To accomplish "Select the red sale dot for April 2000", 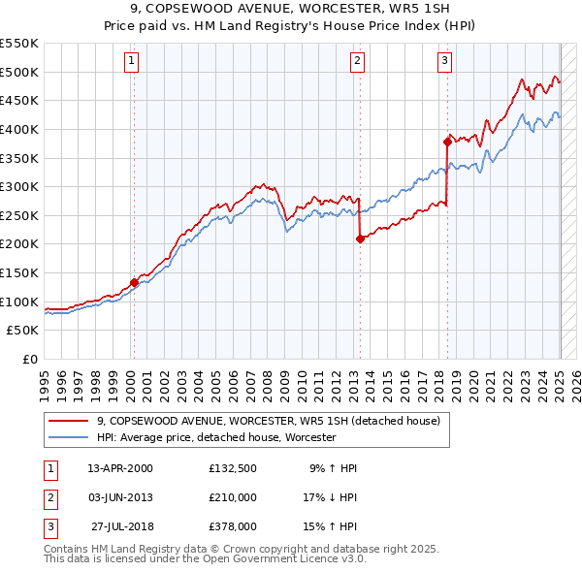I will (134, 282).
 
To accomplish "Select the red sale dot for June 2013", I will (360, 238).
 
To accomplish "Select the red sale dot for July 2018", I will (448, 142).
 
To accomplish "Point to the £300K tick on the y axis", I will (18, 186).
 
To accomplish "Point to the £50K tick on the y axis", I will (22, 330).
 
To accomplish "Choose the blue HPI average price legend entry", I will (215, 437).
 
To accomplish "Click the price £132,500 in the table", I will (232, 468).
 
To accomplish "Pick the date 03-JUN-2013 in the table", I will (119, 497).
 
